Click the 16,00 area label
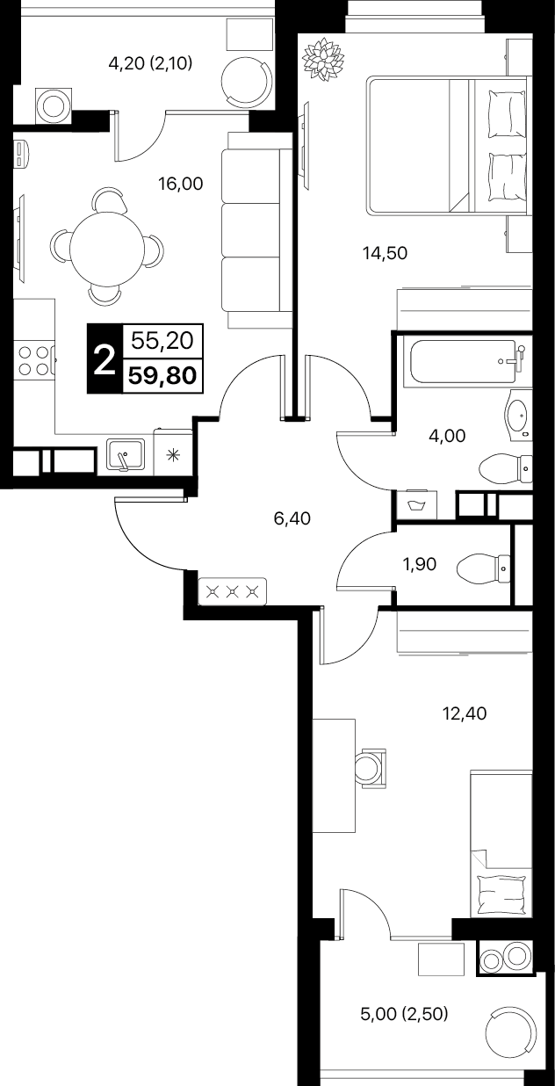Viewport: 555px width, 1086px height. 180,184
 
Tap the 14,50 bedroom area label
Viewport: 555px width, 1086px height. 386,252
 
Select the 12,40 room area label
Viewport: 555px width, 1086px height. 465,713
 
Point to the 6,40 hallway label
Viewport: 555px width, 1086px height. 292,518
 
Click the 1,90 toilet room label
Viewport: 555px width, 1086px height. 419,564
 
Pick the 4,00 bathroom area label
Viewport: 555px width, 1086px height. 447,436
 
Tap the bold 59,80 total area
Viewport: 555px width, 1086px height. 162,376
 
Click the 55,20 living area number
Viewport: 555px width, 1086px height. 162,341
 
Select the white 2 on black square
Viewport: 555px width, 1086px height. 104,359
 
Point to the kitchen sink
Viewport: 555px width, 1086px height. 126,455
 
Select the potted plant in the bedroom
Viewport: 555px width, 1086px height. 323,61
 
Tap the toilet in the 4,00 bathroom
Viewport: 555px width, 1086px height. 505,468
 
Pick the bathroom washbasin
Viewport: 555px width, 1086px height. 517,414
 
